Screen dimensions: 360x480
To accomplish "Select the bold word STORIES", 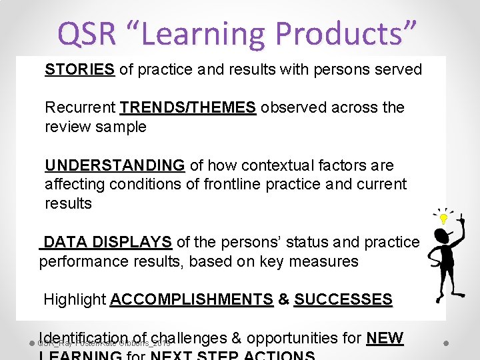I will tap(79, 69).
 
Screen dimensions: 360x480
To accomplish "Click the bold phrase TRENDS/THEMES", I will tap(188, 107).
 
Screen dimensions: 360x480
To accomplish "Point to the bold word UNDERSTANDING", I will tap(115, 165).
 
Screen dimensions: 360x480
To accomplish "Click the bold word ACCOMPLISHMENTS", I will tap(191, 299).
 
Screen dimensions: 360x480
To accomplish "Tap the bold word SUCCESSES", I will tap(343, 299).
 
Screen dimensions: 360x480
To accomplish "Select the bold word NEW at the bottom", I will tap(385, 338).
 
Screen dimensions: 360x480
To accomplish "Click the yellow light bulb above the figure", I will tap(443, 218).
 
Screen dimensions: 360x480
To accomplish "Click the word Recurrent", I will tap(80, 107).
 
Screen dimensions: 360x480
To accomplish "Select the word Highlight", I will tap(75, 299).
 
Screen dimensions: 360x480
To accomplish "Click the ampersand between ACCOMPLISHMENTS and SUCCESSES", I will tap(283, 299).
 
